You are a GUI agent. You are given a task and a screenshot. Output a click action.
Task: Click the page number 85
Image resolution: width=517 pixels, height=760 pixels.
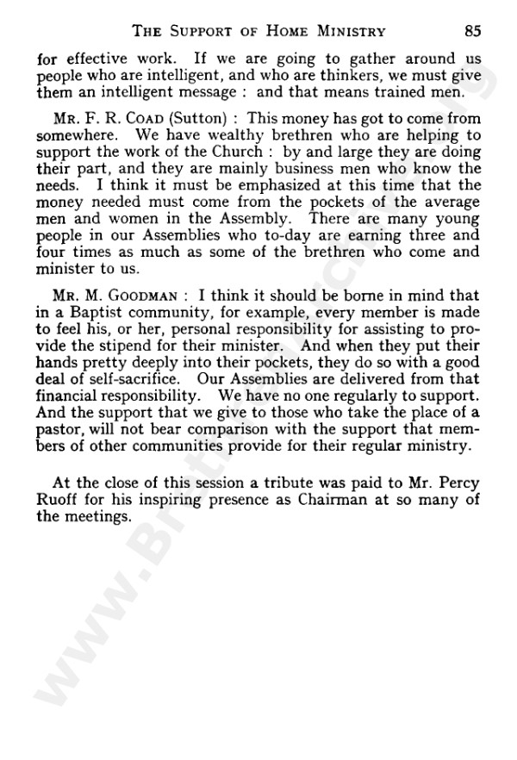tap(471, 32)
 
